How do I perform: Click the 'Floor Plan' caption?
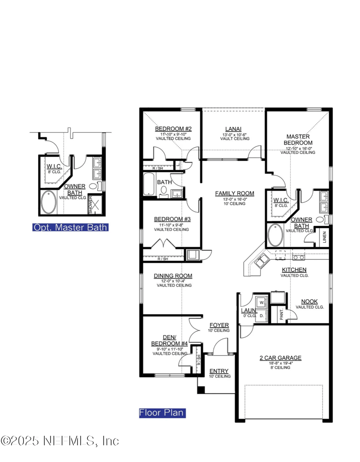[162, 412]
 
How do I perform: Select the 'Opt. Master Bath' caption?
[70, 227]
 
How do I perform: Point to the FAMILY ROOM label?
[234, 193]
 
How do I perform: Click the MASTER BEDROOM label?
[297, 139]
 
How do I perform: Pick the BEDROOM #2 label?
[173, 129]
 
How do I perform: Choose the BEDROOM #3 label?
[173, 219]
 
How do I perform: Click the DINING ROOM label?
[173, 276]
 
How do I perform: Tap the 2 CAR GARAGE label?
[280, 358]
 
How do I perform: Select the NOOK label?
[310, 302]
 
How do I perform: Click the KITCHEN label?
[294, 270]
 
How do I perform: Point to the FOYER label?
[219, 325]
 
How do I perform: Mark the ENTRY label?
[220, 371]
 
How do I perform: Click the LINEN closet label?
[324, 238]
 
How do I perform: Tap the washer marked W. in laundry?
[261, 301]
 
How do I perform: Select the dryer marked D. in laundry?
[261, 316]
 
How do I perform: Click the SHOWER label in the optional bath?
[90, 204]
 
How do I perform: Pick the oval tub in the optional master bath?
[49, 203]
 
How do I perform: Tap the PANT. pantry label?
[281, 314]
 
